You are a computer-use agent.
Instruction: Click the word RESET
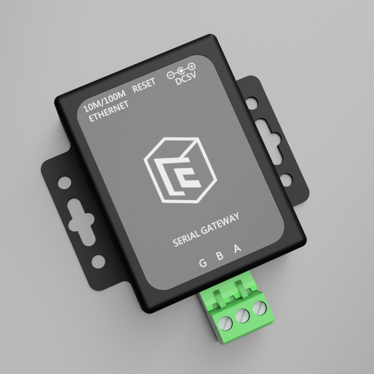[x=144, y=85]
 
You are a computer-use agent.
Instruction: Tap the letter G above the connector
[x=203, y=262]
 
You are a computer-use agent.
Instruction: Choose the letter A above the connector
[x=238, y=248]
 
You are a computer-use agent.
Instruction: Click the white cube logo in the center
[x=180, y=170]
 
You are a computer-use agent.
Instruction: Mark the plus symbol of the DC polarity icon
[x=191, y=66]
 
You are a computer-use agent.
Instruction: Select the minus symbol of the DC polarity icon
[x=170, y=76]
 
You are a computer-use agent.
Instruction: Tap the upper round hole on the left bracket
[x=64, y=182]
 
